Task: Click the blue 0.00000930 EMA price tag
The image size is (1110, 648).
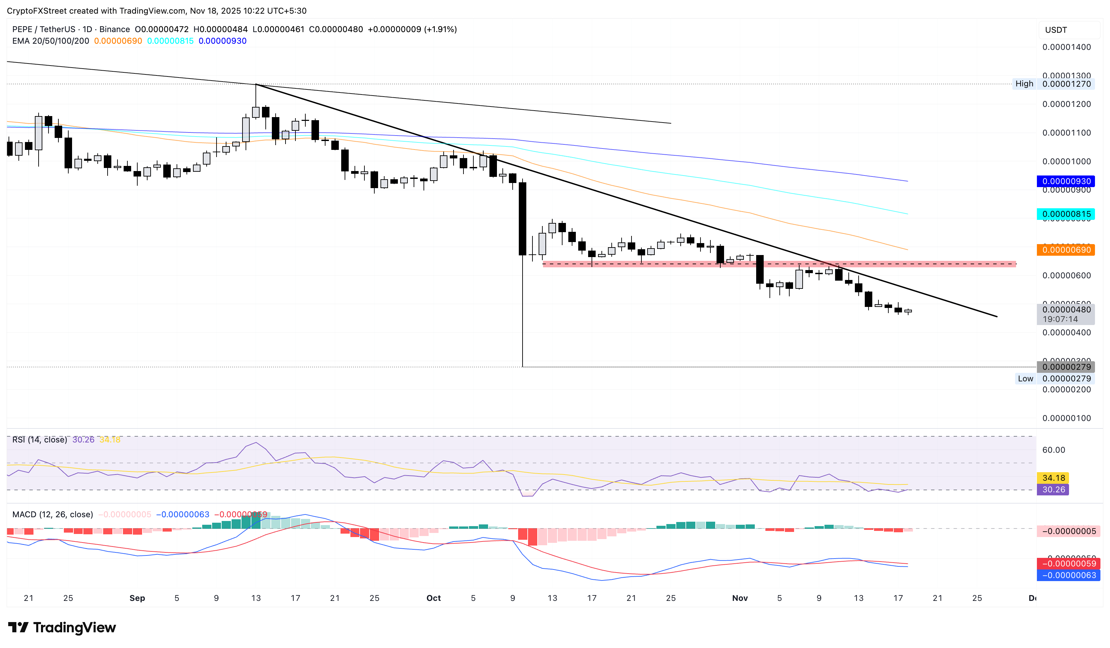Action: point(1066,181)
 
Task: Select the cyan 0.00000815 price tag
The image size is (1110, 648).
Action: point(1066,214)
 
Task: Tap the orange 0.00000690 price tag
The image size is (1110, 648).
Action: point(1066,250)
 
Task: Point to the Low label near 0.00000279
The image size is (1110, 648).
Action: point(1025,379)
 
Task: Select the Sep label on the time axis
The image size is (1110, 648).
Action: point(137,598)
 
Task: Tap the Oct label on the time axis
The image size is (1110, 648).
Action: point(433,598)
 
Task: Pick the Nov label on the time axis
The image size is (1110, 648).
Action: point(739,598)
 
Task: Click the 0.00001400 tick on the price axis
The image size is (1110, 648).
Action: point(1066,47)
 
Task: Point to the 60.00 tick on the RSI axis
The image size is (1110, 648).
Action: point(1054,450)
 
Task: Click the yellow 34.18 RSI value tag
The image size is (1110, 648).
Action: point(1053,478)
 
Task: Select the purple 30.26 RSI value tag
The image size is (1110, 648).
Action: point(1053,490)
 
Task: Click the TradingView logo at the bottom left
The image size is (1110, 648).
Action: point(62,627)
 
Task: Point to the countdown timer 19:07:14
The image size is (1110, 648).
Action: point(1060,319)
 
